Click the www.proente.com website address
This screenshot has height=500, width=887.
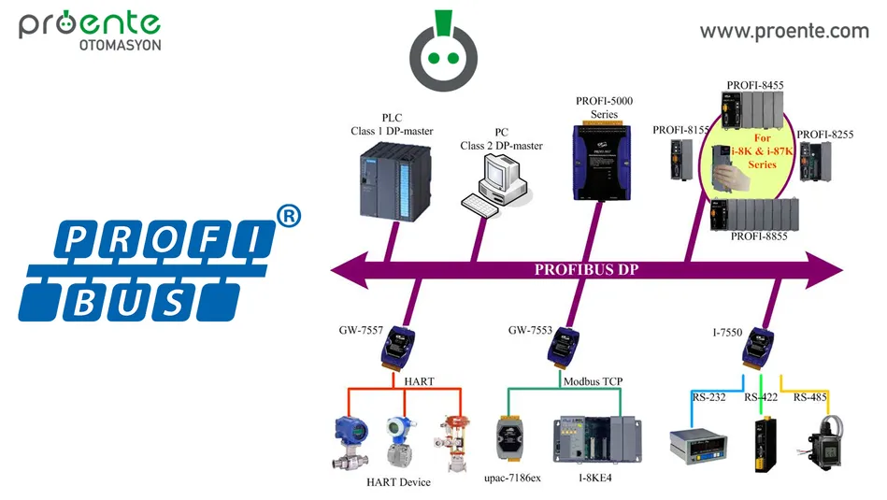click(784, 31)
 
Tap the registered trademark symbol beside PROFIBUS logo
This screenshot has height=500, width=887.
click(290, 217)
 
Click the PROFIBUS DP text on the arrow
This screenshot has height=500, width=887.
click(586, 270)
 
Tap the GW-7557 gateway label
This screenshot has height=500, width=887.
click(362, 330)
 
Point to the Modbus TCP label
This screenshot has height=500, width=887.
click(593, 381)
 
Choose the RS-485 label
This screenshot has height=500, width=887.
click(811, 397)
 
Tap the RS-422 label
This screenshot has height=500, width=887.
click(762, 397)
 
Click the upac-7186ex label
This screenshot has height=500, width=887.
click(512, 478)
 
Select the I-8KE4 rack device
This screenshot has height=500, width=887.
click(587, 438)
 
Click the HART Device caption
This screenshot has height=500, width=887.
click(398, 482)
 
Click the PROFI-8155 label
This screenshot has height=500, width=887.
click(680, 130)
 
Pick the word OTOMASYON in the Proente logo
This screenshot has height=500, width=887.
click(119, 46)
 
